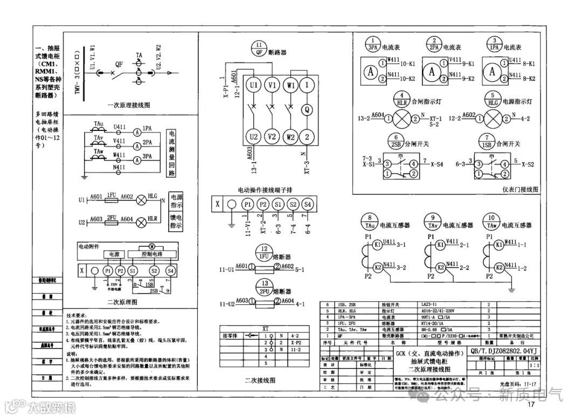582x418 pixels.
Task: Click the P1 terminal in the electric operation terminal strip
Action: [x=247, y=204]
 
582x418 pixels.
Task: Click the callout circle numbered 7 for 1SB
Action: [x=488, y=139]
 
